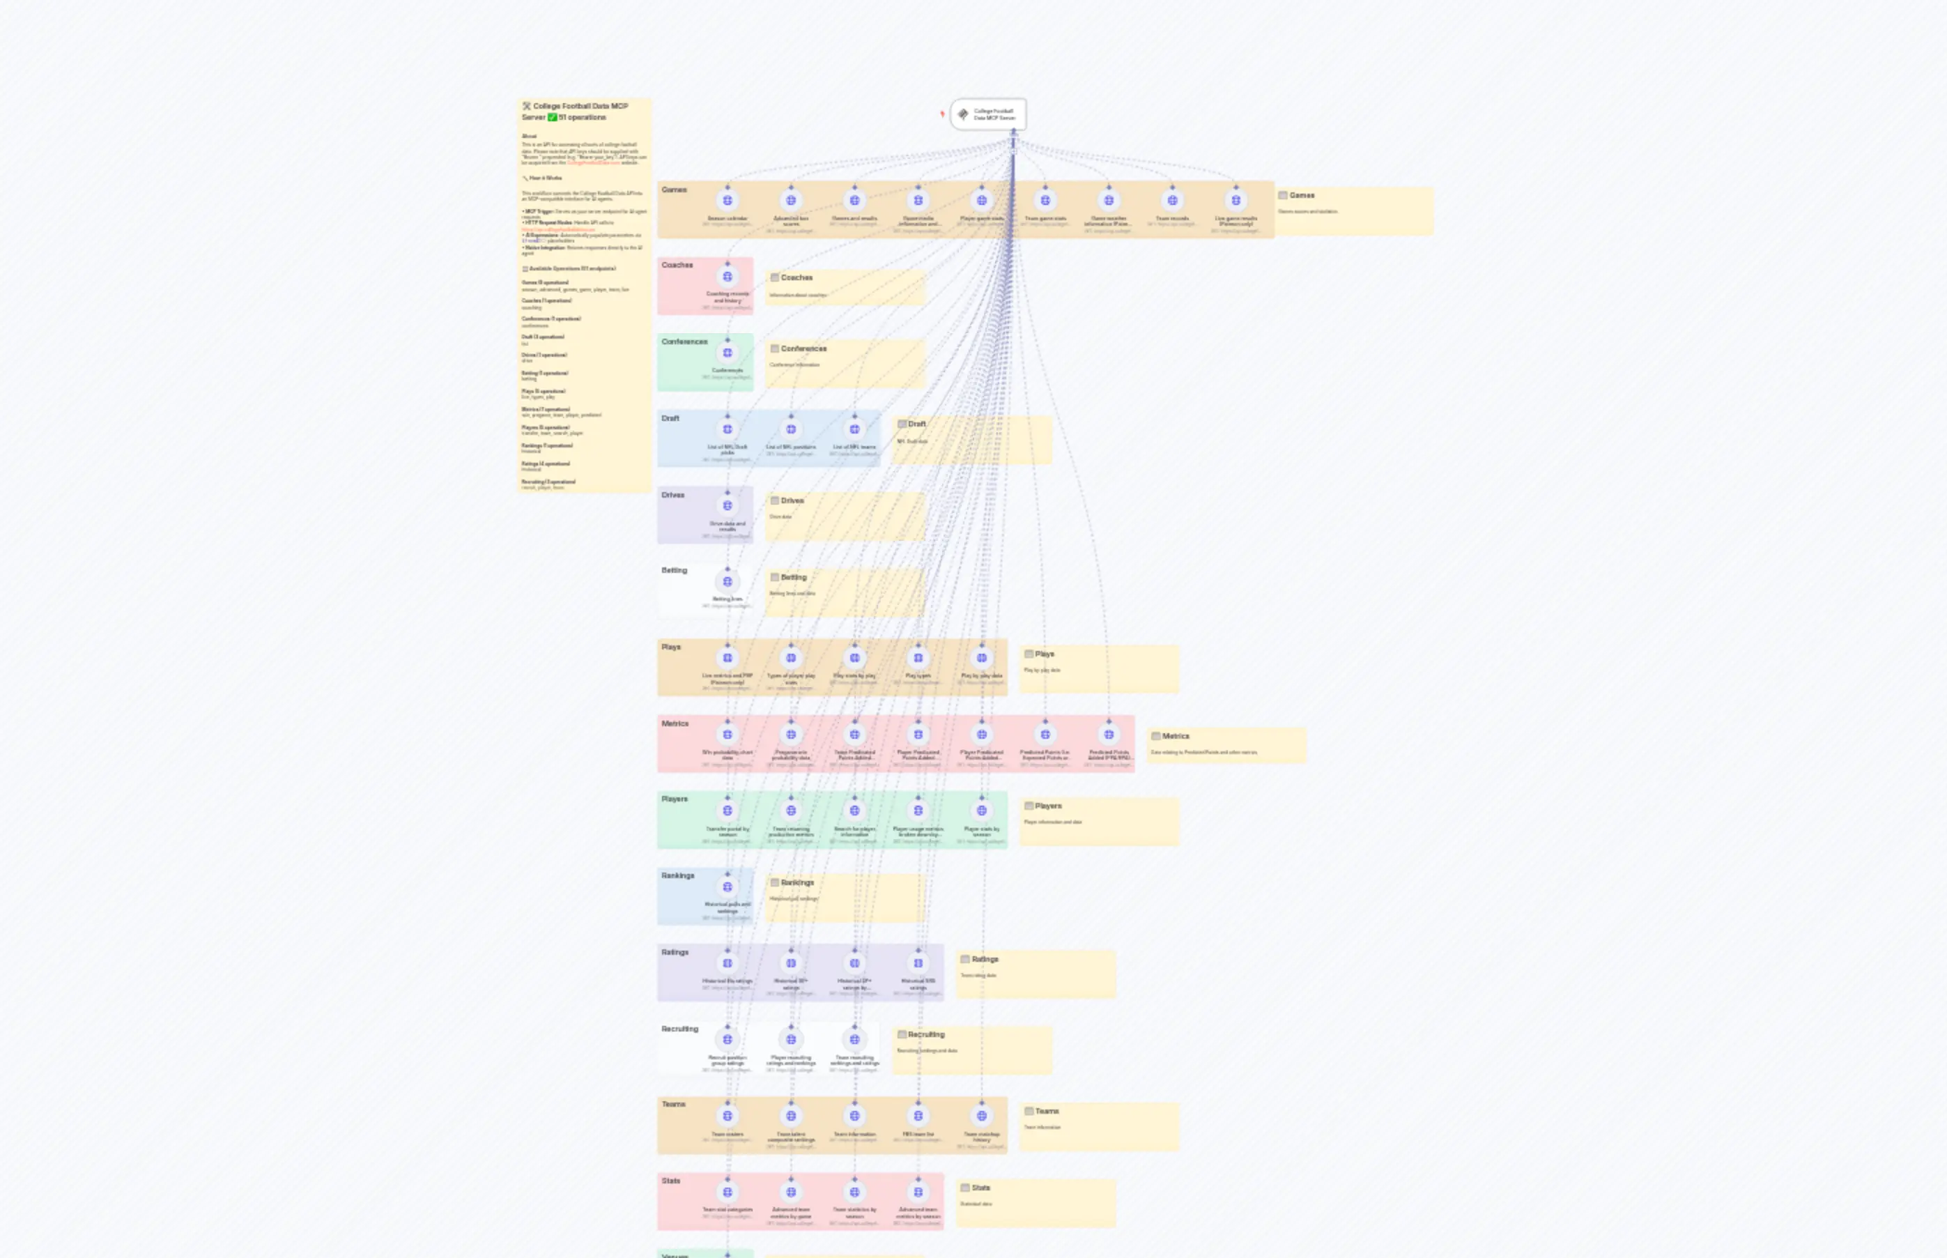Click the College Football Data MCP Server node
pyautogui.click(x=988, y=114)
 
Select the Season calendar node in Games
pyautogui.click(x=727, y=200)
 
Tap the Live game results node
pyautogui.click(x=1236, y=200)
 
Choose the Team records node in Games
pyautogui.click(x=1172, y=200)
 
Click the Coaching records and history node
pyautogui.click(x=727, y=277)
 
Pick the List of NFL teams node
pyautogui.click(x=854, y=429)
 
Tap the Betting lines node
pyautogui.click(x=727, y=582)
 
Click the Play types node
pyautogui.click(x=918, y=658)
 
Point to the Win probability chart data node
pyautogui.click(x=727, y=735)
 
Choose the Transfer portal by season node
pyautogui.click(x=727, y=811)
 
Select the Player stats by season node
pyautogui.click(x=982, y=811)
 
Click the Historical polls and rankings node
pyautogui.click(x=727, y=887)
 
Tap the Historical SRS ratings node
pyautogui.click(x=918, y=963)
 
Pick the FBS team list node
pyautogui.click(x=918, y=1116)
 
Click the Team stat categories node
pyautogui.click(x=727, y=1192)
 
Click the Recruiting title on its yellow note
pyautogui.click(x=925, y=1034)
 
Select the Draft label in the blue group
pyautogui.click(x=670, y=418)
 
